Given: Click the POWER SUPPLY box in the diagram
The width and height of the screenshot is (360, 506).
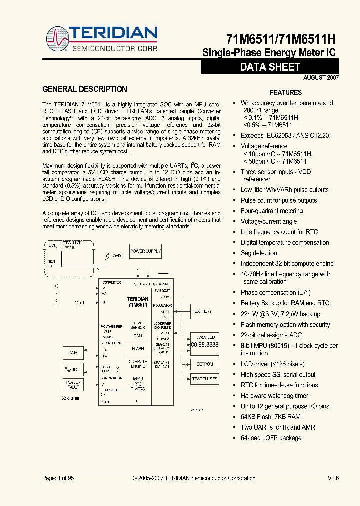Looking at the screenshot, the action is (x=145, y=251).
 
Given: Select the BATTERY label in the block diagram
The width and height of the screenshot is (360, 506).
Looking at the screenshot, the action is (x=203, y=311).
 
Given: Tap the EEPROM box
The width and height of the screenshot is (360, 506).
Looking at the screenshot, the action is (x=205, y=364).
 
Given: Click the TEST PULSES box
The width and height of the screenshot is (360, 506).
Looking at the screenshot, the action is (x=205, y=379).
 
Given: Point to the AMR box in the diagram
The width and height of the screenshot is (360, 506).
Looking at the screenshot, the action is (x=73, y=353).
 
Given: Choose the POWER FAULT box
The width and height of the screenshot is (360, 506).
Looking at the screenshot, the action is (x=73, y=385).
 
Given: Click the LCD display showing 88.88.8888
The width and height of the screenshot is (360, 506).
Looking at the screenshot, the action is (x=205, y=345).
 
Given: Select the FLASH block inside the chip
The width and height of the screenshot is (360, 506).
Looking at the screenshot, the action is (x=138, y=349).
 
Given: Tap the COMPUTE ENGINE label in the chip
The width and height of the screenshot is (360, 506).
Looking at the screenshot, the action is (x=138, y=363).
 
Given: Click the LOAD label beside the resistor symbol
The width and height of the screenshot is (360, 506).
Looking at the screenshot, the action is (x=116, y=256).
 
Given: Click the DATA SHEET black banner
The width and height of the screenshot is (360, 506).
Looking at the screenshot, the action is (x=270, y=67).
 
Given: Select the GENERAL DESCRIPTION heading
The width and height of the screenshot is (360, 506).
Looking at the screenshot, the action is (x=85, y=89).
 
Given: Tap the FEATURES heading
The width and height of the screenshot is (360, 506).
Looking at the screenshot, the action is (x=286, y=92).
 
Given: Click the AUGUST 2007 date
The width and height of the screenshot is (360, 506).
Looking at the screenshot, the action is (x=321, y=78).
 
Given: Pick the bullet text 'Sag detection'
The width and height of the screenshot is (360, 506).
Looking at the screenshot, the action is (x=259, y=253).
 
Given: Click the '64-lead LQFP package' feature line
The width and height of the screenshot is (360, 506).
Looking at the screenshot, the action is (x=271, y=438).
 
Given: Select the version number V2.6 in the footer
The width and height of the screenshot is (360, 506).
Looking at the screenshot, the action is (x=333, y=478).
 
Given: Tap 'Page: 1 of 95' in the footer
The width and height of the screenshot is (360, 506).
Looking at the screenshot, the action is (x=58, y=478).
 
